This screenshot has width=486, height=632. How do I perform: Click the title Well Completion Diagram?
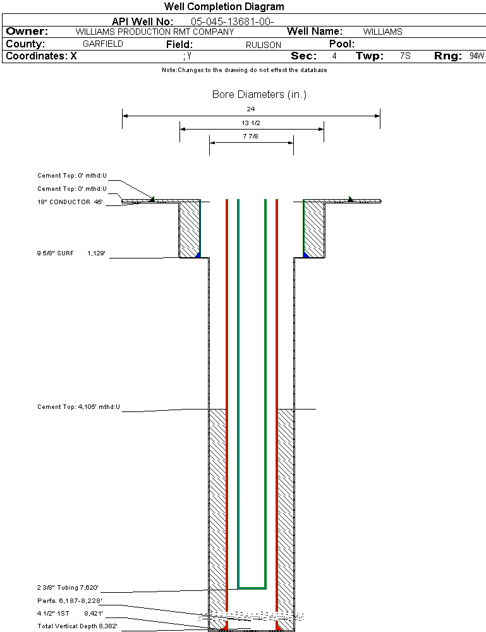coord(224,7)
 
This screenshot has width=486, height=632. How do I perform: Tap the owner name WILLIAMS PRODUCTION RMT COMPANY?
coord(154,32)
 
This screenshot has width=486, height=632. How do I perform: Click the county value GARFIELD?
coord(103,44)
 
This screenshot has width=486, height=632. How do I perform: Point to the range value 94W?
coord(477,56)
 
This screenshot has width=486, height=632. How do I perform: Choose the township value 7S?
coord(405,56)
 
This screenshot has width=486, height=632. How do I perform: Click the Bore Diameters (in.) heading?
coord(259,95)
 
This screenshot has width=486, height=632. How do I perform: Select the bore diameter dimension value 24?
coord(251,109)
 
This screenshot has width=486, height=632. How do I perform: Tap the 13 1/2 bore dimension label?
coord(251,123)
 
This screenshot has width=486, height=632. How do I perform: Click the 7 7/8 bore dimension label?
coord(251,136)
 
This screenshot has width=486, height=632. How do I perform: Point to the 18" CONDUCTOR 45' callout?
coord(70,202)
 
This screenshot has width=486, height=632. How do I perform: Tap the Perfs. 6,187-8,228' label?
coord(70,600)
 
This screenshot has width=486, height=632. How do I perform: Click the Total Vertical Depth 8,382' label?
coord(77,626)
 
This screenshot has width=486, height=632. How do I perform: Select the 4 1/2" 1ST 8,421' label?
coord(70,613)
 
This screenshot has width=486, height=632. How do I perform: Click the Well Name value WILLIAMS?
coord(382,32)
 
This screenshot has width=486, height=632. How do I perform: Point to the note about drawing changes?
coord(244,70)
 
